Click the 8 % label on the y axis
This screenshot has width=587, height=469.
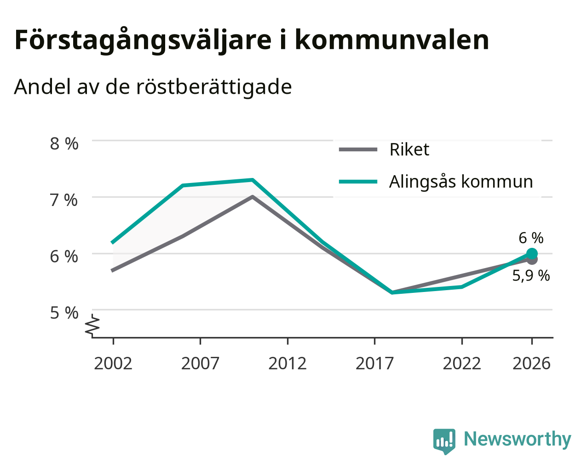pos(64,144)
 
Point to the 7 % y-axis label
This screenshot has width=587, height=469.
pos(64,200)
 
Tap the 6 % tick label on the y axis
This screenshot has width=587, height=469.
pos(64,257)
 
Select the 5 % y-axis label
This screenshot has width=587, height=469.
pos(64,313)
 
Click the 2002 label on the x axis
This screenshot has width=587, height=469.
pos(113,363)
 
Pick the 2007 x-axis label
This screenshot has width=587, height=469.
pos(200,363)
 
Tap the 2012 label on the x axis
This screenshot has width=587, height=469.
pos(288,363)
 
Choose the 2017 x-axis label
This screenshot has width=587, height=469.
pos(374,363)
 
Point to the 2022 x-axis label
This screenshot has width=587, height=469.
pos(462,363)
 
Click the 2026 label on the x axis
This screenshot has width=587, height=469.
pos(532,363)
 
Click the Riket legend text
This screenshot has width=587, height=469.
pos(409,149)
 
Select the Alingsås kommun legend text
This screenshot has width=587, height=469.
pos(461,182)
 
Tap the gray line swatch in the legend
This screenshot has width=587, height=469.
pos(358,149)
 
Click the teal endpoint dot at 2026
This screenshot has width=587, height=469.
pos(532,254)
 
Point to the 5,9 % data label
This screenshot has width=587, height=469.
pos(531,276)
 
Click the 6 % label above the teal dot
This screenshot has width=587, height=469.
pos(531,238)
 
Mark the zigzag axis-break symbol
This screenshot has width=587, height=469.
pos(92,325)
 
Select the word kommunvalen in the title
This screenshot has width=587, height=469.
pos(392,40)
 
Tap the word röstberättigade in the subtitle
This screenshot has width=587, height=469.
pos(214,87)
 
